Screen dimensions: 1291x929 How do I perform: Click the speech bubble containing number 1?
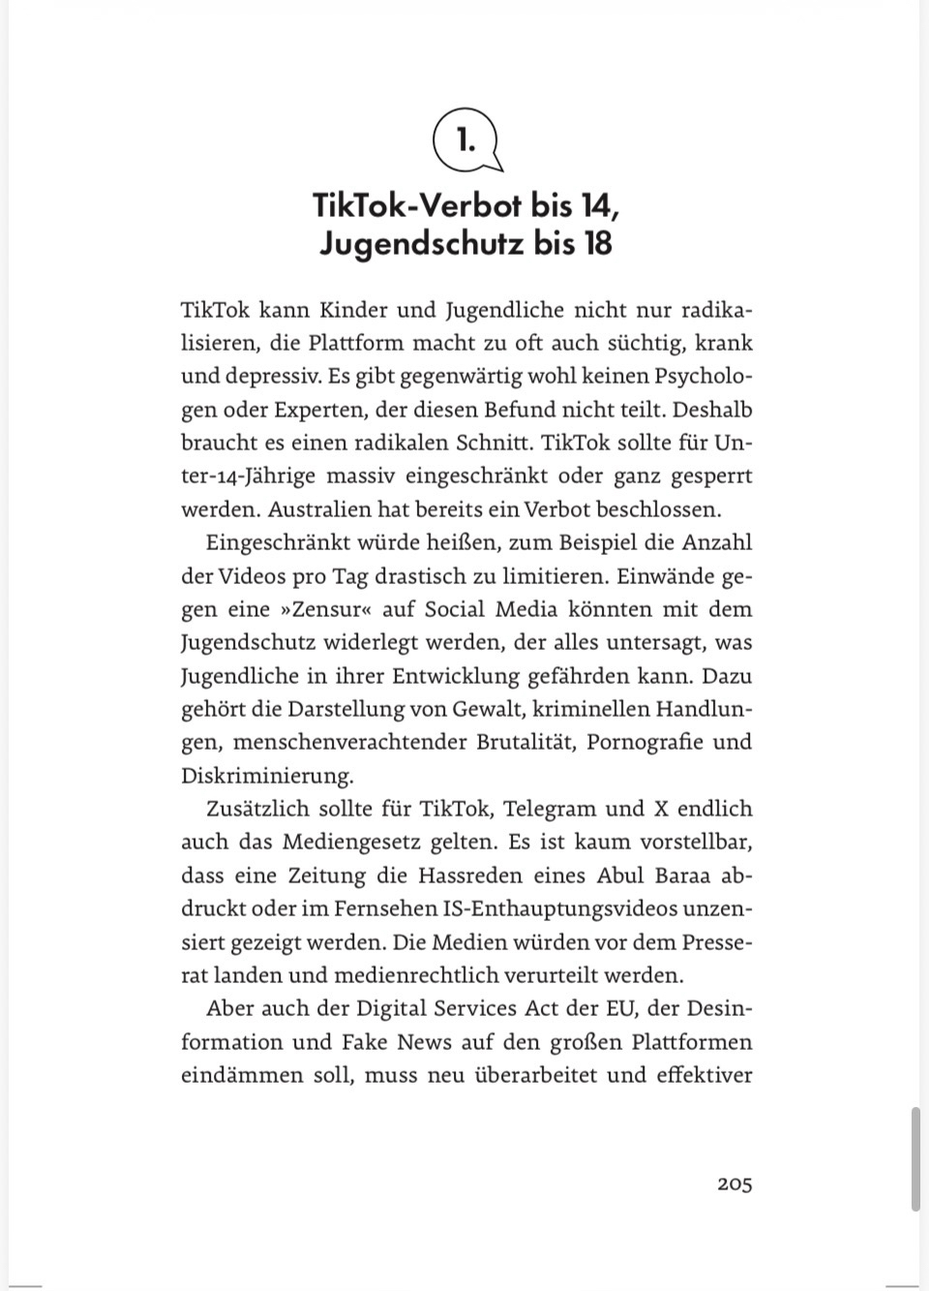pyautogui.click(x=466, y=140)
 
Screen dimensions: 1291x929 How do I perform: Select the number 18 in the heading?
pyautogui.click(x=597, y=243)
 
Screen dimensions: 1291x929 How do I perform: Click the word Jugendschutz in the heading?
pyautogui.click(x=421, y=243)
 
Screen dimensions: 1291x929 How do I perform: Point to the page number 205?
pyautogui.click(x=734, y=1183)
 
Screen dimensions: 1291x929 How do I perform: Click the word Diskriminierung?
pyautogui.click(x=267, y=776)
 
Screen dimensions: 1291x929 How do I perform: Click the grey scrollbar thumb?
pyautogui.click(x=915, y=1158)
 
